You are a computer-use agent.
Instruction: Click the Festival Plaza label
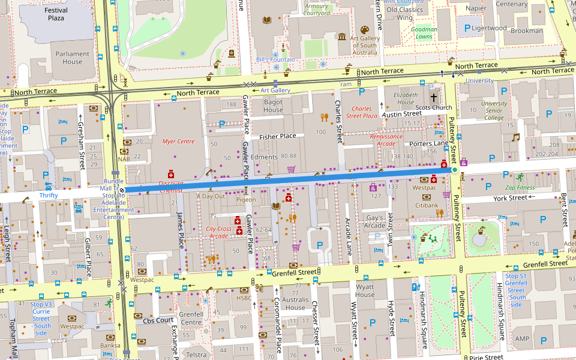(56, 14)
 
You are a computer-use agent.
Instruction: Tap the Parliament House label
(73, 58)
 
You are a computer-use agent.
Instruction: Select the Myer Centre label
(178, 142)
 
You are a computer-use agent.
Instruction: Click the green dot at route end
(455, 170)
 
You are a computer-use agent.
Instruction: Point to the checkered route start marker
(122, 191)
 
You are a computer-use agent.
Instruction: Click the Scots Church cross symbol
(433, 97)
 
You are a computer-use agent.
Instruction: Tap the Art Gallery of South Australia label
(364, 45)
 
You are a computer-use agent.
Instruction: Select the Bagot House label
(273, 106)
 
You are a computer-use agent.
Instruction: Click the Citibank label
(427, 205)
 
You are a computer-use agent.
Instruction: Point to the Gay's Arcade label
(375, 221)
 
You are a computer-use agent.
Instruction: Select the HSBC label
(244, 298)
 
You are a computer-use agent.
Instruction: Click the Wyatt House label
(364, 291)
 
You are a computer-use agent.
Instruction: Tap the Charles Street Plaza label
(362, 112)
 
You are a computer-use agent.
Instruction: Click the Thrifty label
(49, 196)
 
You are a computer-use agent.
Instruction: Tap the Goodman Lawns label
(424, 33)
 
